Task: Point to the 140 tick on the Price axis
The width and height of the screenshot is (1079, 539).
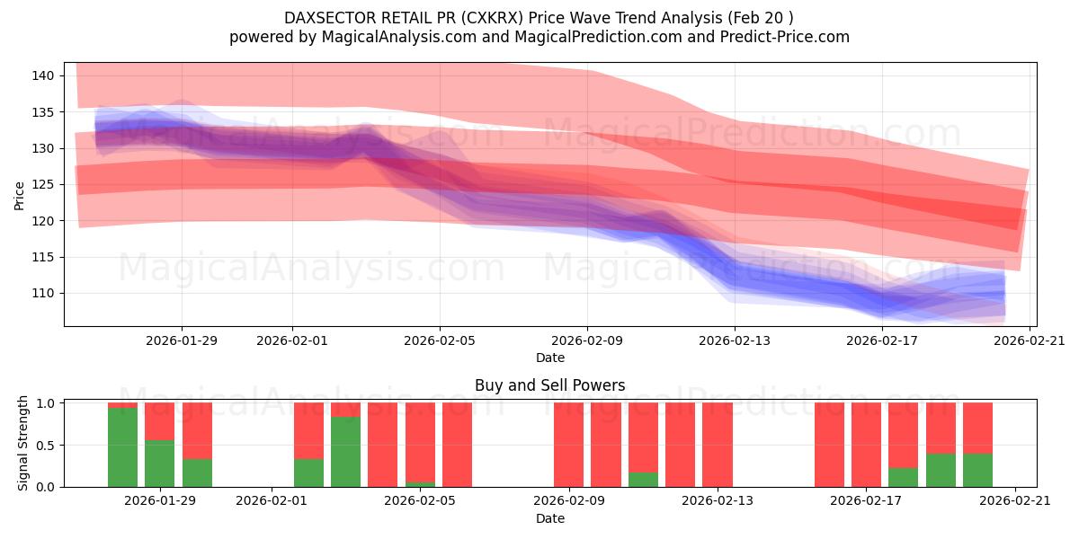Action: pos(43,75)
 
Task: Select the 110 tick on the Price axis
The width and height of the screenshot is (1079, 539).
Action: pos(43,293)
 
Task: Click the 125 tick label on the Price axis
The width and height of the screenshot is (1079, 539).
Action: pos(43,184)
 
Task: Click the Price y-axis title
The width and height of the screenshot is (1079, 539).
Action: pos(19,194)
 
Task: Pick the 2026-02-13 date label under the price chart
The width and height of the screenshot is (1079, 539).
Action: pos(735,340)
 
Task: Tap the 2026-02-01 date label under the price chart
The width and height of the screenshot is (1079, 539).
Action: pos(291,340)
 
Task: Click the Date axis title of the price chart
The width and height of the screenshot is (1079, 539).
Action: pos(549,358)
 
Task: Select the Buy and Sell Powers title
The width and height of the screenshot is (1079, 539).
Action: pos(549,385)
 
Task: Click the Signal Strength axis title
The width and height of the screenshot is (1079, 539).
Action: pos(23,444)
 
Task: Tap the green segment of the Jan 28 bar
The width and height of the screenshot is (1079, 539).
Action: pos(122,447)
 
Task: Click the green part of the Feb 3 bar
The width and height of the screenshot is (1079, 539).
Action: pos(345,452)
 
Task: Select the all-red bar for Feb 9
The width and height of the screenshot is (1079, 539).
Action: pos(568,445)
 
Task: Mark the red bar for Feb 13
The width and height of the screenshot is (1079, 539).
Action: pos(718,445)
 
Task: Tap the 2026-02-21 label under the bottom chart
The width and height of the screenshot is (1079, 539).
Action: pos(1014,500)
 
